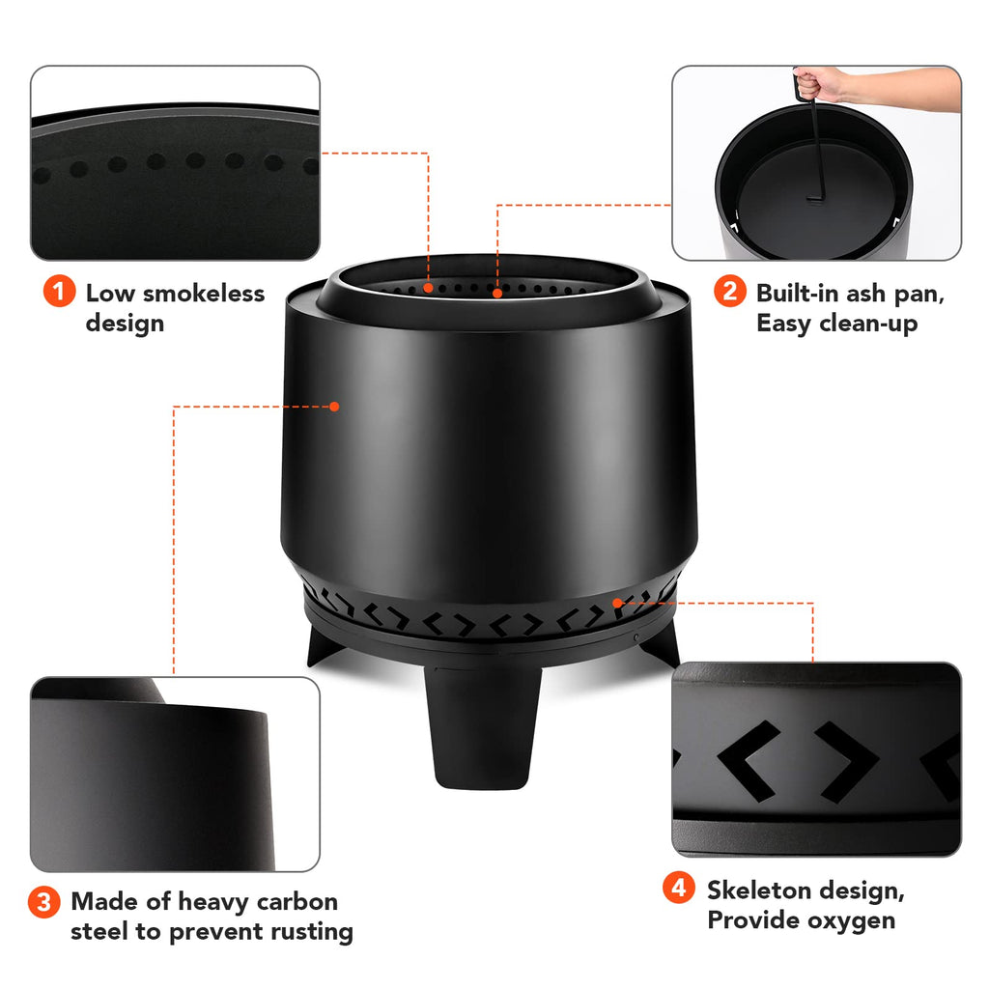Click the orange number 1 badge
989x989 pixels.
[59, 292]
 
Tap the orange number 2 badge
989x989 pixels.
[730, 292]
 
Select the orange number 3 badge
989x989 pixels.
[43, 901]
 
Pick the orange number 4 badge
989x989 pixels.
[679, 888]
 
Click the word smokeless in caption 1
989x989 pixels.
[204, 294]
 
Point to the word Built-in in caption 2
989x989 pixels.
[797, 294]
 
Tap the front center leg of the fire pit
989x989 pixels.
[483, 725]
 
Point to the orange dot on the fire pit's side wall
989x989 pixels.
[334, 407]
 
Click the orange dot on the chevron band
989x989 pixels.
[617, 603]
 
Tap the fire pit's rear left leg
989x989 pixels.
[325, 644]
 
